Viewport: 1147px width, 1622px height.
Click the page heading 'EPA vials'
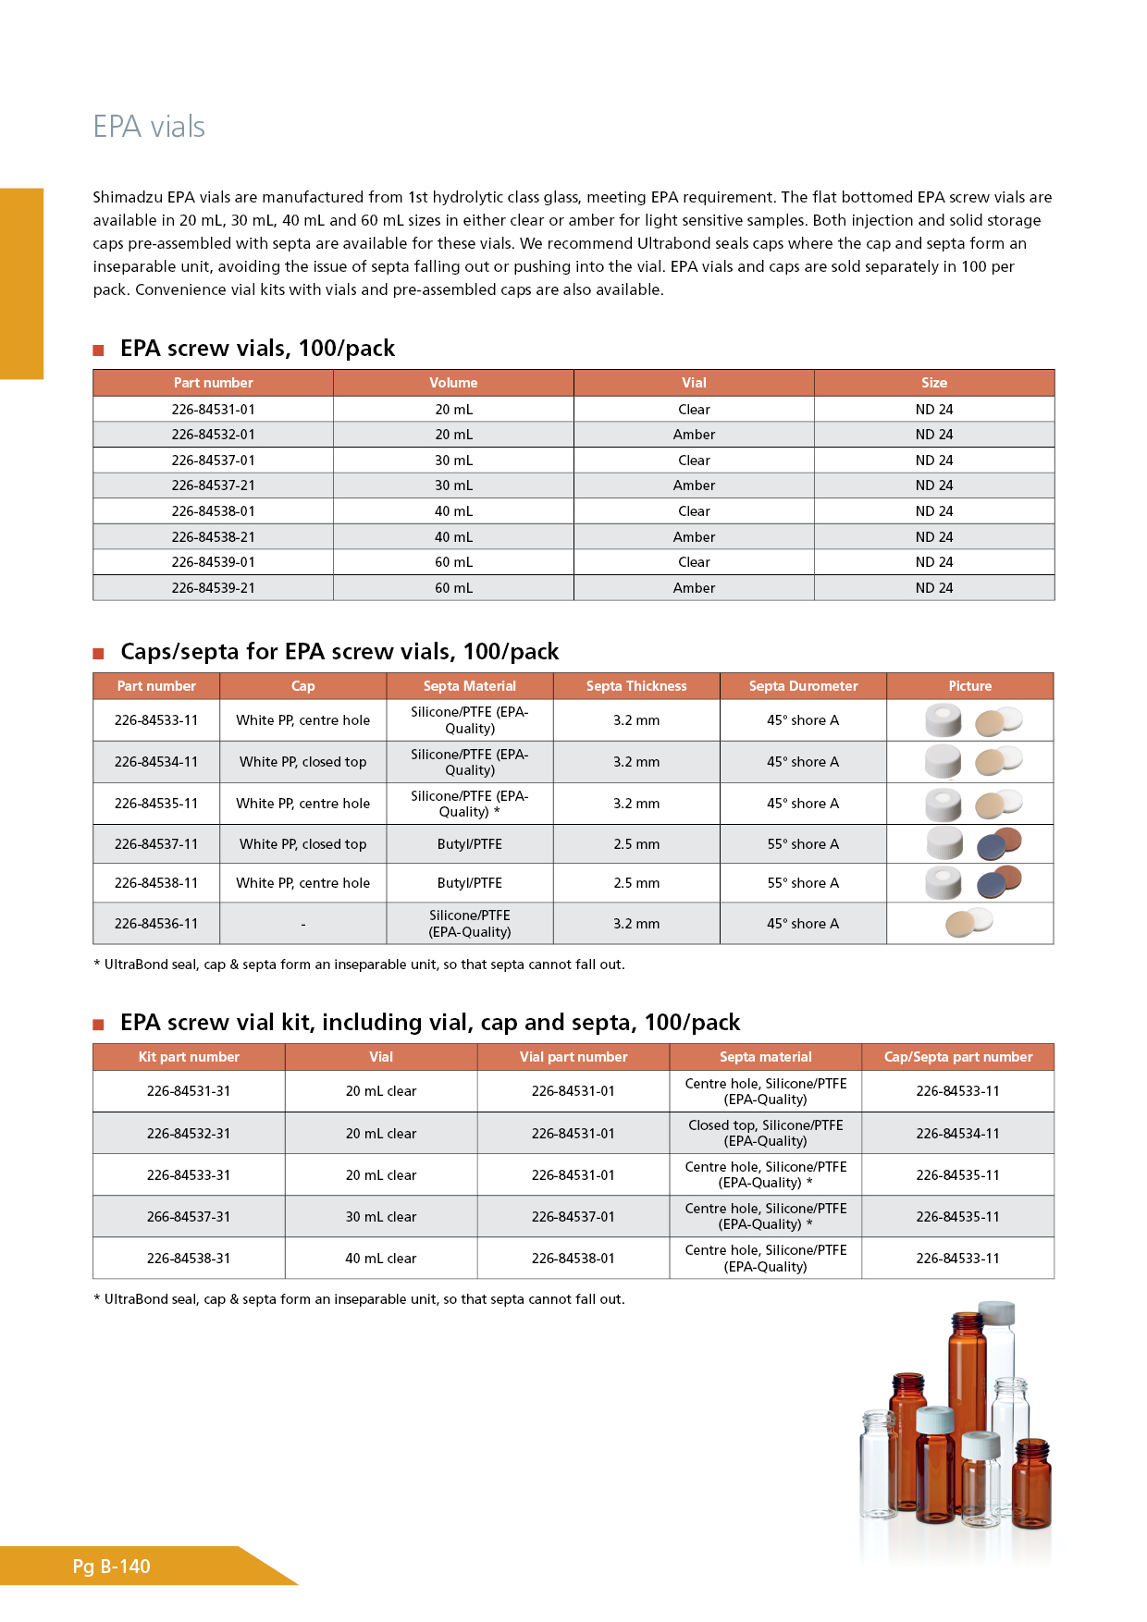click(149, 127)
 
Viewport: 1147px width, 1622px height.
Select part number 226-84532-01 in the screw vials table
click(213, 435)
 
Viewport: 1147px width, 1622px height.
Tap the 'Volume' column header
click(453, 383)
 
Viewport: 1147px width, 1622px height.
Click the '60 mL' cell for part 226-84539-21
click(453, 588)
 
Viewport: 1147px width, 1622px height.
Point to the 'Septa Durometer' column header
click(803, 686)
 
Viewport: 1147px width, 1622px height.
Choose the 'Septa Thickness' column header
click(636, 686)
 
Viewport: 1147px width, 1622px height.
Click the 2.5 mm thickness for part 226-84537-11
click(636, 844)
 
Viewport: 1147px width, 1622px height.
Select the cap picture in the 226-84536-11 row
click(968, 923)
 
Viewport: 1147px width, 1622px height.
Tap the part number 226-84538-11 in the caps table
click(156, 883)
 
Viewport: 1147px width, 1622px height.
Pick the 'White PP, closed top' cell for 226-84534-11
click(302, 762)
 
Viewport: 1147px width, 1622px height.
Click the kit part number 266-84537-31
click(189, 1217)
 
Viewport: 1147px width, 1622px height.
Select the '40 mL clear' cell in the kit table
click(381, 1259)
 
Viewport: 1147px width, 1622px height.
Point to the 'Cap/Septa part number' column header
click(958, 1057)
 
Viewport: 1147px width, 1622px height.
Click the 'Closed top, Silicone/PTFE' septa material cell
click(766, 1133)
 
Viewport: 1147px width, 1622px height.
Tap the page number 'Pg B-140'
click(111, 1567)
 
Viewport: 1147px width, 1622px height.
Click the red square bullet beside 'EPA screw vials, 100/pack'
click(99, 350)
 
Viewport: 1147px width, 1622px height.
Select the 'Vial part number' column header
click(573, 1057)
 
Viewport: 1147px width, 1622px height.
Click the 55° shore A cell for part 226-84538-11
click(803, 883)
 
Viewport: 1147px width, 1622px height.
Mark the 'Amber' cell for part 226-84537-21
click(694, 485)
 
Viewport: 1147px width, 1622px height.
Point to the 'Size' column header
click(934, 383)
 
